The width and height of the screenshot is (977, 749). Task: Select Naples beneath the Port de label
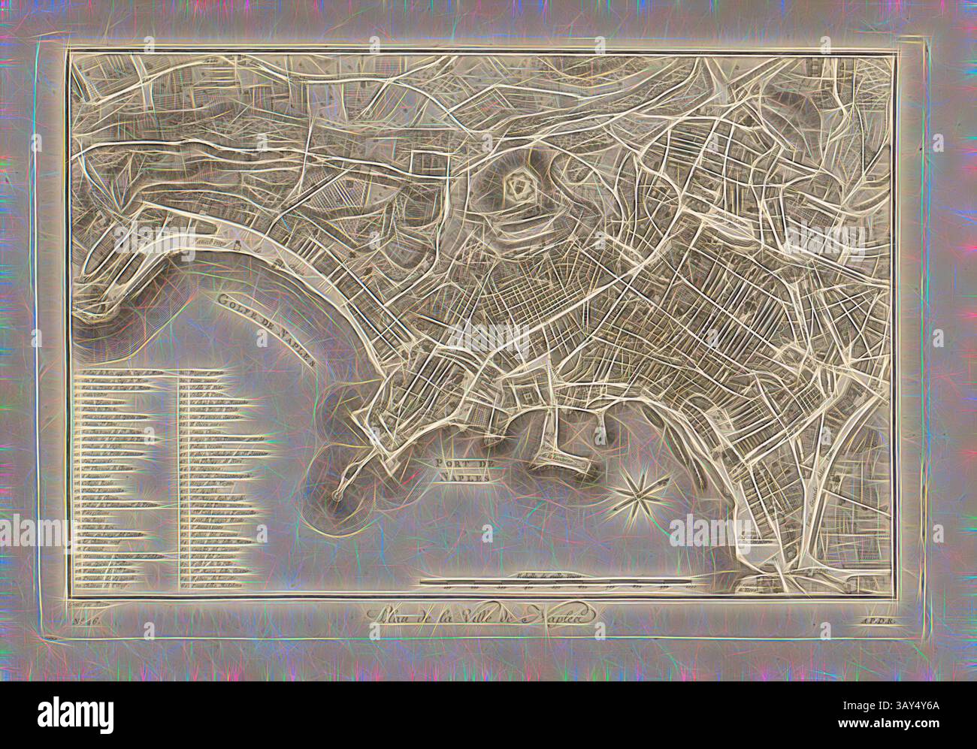coord(465,476)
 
